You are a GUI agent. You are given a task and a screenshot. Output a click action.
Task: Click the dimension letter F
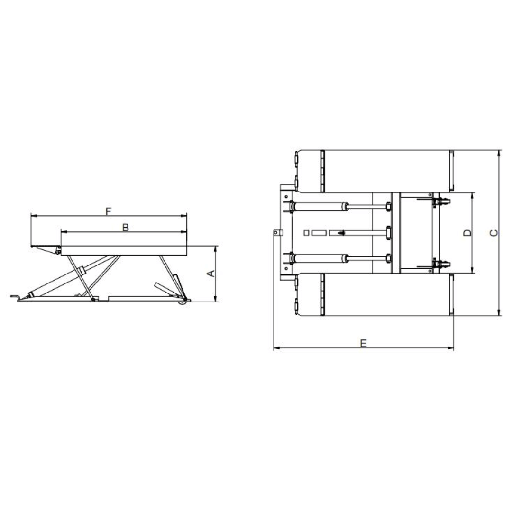(109, 211)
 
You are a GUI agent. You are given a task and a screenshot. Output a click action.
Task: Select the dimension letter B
(125, 228)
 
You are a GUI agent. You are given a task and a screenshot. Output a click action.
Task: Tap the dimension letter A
(211, 274)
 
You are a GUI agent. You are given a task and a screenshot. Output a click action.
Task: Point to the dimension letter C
(494, 233)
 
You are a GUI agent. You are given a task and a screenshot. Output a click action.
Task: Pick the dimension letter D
(468, 233)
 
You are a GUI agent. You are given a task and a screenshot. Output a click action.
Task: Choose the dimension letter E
(364, 343)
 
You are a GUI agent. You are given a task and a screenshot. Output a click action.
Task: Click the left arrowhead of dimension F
(33, 216)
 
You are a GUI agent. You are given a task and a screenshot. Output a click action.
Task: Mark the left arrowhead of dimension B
(64, 232)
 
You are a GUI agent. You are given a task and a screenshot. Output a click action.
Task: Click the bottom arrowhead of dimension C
(499, 313)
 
